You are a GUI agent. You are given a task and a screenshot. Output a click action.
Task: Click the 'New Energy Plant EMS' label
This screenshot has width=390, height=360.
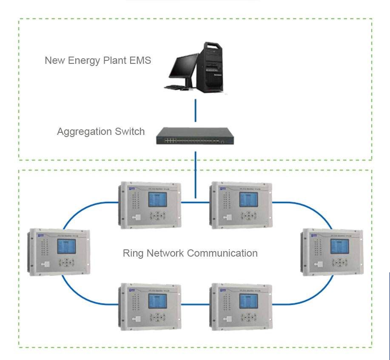coord(98,60)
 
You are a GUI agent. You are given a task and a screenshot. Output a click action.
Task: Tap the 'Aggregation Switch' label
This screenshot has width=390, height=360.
coord(101,131)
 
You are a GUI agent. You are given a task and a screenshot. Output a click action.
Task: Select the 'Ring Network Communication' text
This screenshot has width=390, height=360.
coord(190,253)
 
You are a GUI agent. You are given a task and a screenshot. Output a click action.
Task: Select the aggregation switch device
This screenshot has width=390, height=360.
coord(195,135)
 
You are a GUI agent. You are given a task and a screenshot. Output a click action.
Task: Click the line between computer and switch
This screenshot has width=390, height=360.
coord(195,111)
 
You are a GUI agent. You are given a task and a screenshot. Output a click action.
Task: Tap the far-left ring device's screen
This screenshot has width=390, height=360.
coord(67,246)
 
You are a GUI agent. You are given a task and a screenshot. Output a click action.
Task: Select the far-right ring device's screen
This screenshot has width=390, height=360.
coord(340,246)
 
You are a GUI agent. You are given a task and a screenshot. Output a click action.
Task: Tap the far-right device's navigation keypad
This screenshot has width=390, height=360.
coord(341,263)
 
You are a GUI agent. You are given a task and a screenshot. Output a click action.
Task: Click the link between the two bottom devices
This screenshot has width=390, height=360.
coord(195,304)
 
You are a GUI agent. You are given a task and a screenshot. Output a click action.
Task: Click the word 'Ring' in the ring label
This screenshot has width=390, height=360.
coord(133,253)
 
